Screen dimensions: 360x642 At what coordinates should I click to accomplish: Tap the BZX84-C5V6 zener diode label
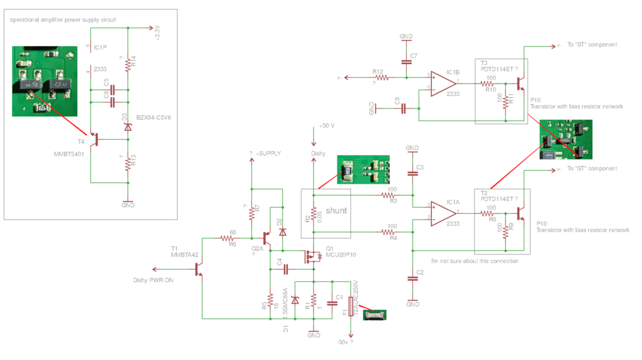[x=152, y=117]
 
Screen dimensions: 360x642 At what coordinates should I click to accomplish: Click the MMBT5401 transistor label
[x=65, y=152]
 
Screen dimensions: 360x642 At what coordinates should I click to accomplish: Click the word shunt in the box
[x=335, y=210]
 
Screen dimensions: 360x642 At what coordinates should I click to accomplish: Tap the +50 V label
[x=327, y=125]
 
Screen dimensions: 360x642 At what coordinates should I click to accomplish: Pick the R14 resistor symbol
[x=129, y=63]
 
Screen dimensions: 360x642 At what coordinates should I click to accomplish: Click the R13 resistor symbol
[x=129, y=162]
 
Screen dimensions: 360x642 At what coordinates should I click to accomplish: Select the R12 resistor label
[x=377, y=71]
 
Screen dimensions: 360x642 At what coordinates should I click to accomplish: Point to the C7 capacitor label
[x=413, y=56]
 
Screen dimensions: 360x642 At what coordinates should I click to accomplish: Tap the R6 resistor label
[x=232, y=245]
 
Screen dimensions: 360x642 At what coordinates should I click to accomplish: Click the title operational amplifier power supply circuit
[x=71, y=20]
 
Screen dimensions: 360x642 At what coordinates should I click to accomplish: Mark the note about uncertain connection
[x=475, y=261]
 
